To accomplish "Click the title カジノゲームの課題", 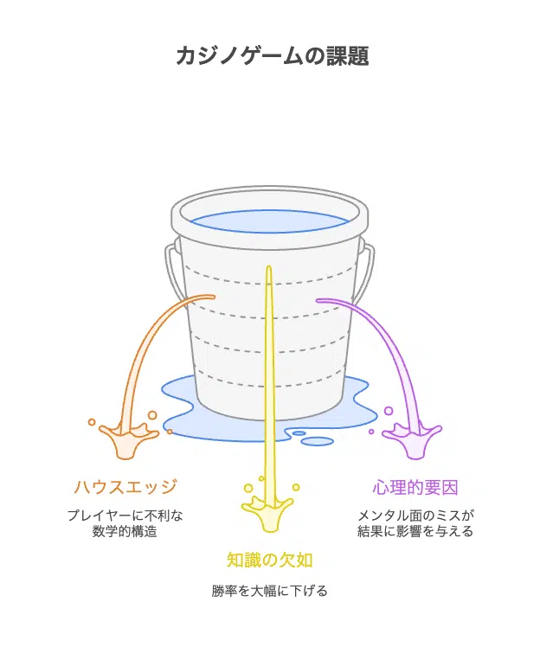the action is click(x=272, y=55).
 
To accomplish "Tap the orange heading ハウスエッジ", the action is click(x=125, y=487).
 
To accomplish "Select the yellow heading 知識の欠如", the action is click(x=269, y=560).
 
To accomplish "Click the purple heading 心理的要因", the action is click(x=415, y=487).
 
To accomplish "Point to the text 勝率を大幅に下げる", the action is click(x=269, y=591).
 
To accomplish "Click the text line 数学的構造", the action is click(x=125, y=531).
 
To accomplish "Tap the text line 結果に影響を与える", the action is click(x=415, y=531).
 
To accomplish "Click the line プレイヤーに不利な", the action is click(x=125, y=516).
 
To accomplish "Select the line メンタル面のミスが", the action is click(x=415, y=516).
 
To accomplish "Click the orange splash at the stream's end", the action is click(x=127, y=439).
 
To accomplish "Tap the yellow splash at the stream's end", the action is click(x=267, y=512).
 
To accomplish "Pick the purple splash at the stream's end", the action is click(x=413, y=439).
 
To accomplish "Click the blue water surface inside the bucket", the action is click(x=269, y=221).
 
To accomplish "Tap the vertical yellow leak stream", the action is click(x=268, y=382).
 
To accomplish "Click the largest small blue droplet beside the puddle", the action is click(x=318, y=441).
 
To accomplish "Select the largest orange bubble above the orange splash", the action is click(x=152, y=415).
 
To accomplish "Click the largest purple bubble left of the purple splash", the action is click(x=389, y=411).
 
